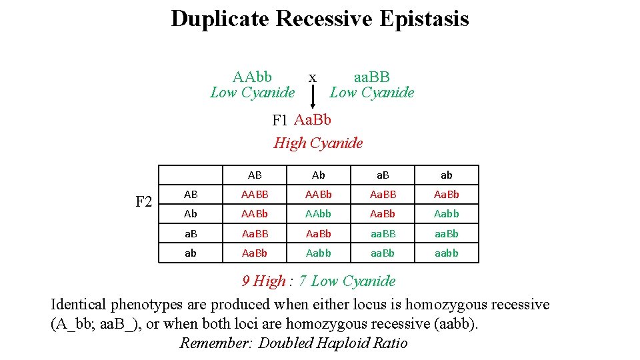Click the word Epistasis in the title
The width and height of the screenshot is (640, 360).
point(424,19)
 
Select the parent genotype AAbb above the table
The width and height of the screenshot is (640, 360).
point(252,77)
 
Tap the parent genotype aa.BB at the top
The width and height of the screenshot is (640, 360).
point(371,77)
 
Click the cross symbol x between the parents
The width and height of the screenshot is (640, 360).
point(312,77)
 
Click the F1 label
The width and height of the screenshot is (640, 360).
point(280,121)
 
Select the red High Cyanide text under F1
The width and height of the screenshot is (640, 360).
point(318,143)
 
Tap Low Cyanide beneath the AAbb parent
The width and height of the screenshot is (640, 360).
point(252,93)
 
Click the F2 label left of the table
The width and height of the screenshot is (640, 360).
point(144,201)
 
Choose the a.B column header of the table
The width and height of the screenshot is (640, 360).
point(383,175)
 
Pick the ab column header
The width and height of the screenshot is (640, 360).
point(447,175)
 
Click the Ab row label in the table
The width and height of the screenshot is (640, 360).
point(191,214)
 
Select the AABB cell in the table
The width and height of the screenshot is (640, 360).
point(255,195)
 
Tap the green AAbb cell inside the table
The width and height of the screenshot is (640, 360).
point(319,214)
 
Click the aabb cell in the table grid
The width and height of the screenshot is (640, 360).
point(447,253)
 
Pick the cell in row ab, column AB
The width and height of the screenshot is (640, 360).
point(255,253)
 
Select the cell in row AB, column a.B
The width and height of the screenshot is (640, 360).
point(383,195)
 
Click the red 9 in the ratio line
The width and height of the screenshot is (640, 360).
point(246,281)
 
